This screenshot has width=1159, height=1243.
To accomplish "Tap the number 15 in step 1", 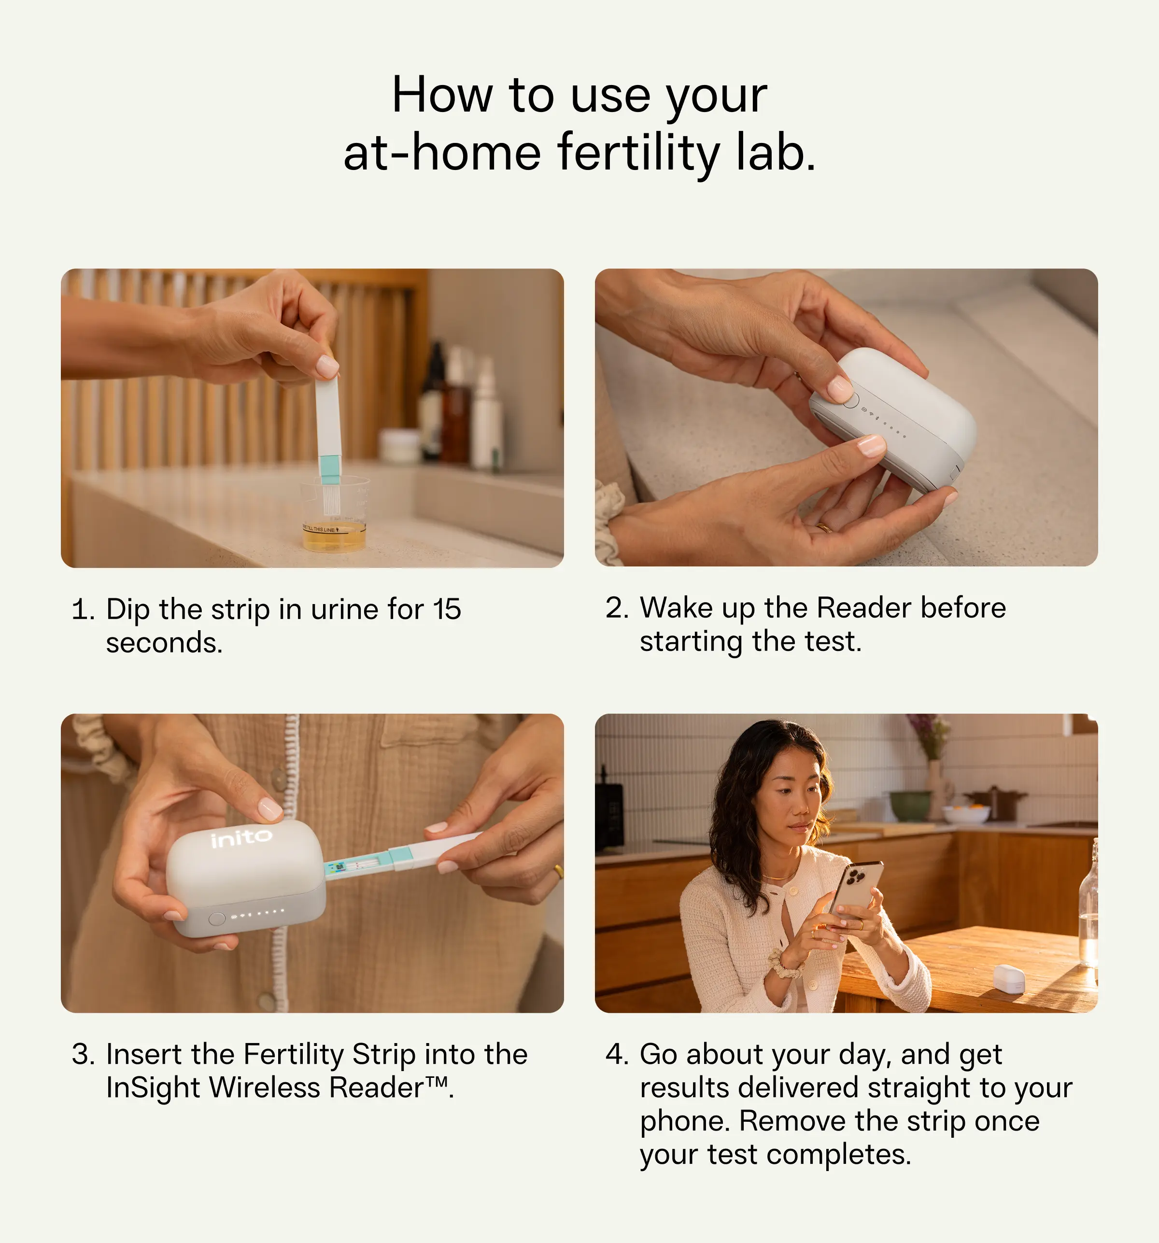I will pos(447,609).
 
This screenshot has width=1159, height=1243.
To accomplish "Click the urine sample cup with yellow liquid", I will pos(335,519).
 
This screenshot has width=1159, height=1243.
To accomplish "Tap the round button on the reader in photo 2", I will pos(850,400).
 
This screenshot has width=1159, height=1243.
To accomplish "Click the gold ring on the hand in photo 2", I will pos(824,527).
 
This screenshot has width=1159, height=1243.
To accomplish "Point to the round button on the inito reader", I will pos(217,918).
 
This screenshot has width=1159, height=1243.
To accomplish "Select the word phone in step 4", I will pos(683,1121).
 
